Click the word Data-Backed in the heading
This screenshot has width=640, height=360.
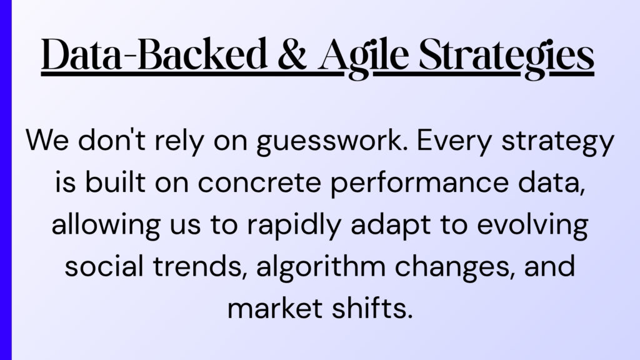[x=154, y=54]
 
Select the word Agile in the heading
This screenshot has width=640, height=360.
[x=364, y=57]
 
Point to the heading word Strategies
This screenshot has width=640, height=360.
[x=506, y=57]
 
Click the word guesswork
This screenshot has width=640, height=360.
[x=332, y=141]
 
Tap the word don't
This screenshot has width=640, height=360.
[x=111, y=139]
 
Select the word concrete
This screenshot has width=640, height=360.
[x=259, y=183]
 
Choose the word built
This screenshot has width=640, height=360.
[x=115, y=182]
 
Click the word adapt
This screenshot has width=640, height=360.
[x=391, y=226]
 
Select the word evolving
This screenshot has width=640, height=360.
[x=532, y=226]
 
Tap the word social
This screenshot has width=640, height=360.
[x=104, y=266]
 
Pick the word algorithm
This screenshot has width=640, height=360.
[x=321, y=267]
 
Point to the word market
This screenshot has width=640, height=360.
[x=275, y=308]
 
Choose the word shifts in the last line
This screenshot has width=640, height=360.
[x=372, y=308]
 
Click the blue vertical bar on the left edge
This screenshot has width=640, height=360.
[x=6, y=180]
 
